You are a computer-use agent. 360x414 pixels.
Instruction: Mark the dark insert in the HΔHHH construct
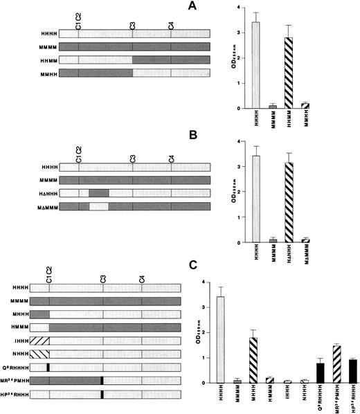(x=98, y=193)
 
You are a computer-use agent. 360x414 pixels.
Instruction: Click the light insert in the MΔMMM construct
(x=98, y=206)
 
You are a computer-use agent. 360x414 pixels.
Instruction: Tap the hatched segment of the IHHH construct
(x=39, y=341)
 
